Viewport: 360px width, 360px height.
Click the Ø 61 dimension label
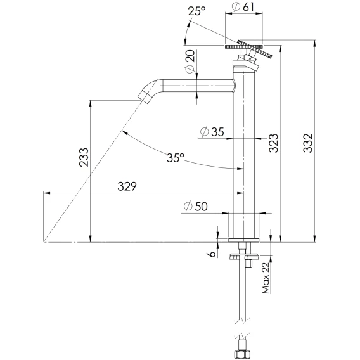point(243,7)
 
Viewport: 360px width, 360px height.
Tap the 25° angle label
point(196,11)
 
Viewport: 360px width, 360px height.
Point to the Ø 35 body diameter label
point(212,132)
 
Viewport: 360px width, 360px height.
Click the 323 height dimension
point(274,143)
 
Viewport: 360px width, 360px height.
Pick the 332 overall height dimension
point(308,143)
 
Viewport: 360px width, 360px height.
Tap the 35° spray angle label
point(176,158)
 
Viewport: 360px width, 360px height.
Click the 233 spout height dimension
point(84,157)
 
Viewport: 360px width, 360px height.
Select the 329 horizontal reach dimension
point(127,186)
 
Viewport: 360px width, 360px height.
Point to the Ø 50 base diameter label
point(196,206)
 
